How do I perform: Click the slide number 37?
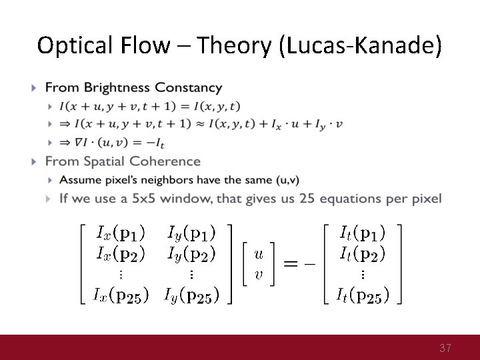(445, 348)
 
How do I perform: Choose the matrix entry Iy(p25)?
(191, 295)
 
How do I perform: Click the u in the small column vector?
(259, 253)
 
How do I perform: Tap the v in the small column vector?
(259, 275)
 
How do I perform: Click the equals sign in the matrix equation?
(291, 264)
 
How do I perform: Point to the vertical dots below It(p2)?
(363, 274)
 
